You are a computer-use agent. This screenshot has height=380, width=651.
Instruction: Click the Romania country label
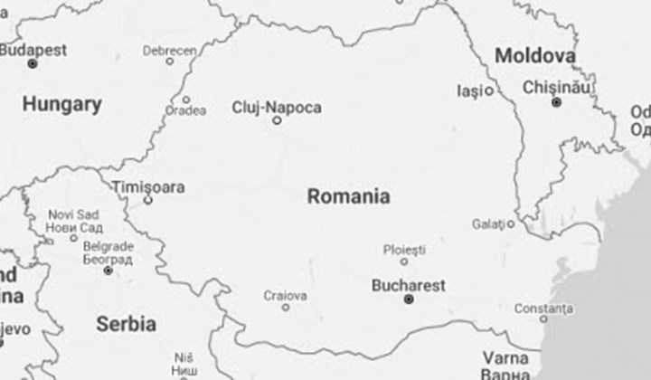[x=349, y=195]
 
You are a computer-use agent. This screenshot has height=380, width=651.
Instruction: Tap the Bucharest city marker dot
[x=409, y=299]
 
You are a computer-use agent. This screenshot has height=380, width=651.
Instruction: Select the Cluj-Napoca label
[x=277, y=108]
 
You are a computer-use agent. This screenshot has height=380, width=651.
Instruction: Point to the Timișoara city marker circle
[x=148, y=200]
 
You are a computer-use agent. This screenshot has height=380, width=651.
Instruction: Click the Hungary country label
[x=61, y=104]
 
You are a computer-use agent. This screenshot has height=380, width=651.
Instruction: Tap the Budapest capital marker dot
[x=33, y=64]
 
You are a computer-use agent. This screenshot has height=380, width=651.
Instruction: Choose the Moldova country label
[x=535, y=56]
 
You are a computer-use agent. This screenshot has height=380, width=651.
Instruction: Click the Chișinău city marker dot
[x=557, y=102]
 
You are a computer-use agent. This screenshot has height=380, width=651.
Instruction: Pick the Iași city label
[x=466, y=90]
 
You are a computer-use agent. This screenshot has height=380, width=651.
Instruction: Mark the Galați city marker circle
[x=511, y=223]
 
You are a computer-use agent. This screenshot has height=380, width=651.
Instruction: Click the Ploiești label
[x=403, y=248]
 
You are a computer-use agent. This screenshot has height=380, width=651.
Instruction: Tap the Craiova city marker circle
[x=286, y=308]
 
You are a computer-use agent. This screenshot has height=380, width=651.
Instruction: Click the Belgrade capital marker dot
[x=108, y=271]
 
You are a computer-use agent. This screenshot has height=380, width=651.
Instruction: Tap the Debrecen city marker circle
[x=169, y=61]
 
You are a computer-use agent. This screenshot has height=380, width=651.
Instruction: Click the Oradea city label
[x=185, y=112]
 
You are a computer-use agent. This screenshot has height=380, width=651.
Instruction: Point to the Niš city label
[x=184, y=356]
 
